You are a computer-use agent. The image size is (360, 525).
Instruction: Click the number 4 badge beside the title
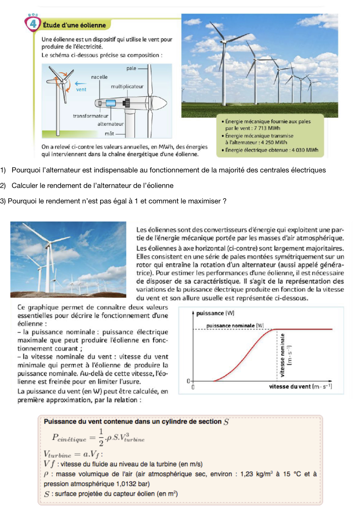point(33,24)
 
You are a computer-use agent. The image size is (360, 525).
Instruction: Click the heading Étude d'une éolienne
point(74,25)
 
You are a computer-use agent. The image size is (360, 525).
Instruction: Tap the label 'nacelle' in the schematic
point(99,77)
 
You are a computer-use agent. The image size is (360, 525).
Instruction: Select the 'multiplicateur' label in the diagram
point(127,87)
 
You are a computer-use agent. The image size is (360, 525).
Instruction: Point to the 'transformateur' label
point(90,116)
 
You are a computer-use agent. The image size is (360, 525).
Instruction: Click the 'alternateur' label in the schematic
point(111,124)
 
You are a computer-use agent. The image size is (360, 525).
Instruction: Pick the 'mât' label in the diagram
point(109,133)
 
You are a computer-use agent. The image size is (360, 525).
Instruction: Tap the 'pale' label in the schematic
point(131,68)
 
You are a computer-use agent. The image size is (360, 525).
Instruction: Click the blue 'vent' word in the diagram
point(81,90)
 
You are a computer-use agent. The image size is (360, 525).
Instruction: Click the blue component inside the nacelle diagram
point(111,103)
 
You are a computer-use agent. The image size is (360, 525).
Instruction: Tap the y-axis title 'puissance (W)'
point(215,313)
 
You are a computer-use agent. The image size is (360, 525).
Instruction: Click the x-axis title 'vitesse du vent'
point(290,386)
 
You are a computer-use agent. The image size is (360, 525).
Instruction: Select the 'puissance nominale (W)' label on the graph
point(235,325)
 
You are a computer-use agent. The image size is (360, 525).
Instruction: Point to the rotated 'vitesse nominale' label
point(282,355)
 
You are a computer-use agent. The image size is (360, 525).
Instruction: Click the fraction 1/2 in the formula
point(101,437)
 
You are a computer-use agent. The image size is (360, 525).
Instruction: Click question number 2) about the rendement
point(3,186)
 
